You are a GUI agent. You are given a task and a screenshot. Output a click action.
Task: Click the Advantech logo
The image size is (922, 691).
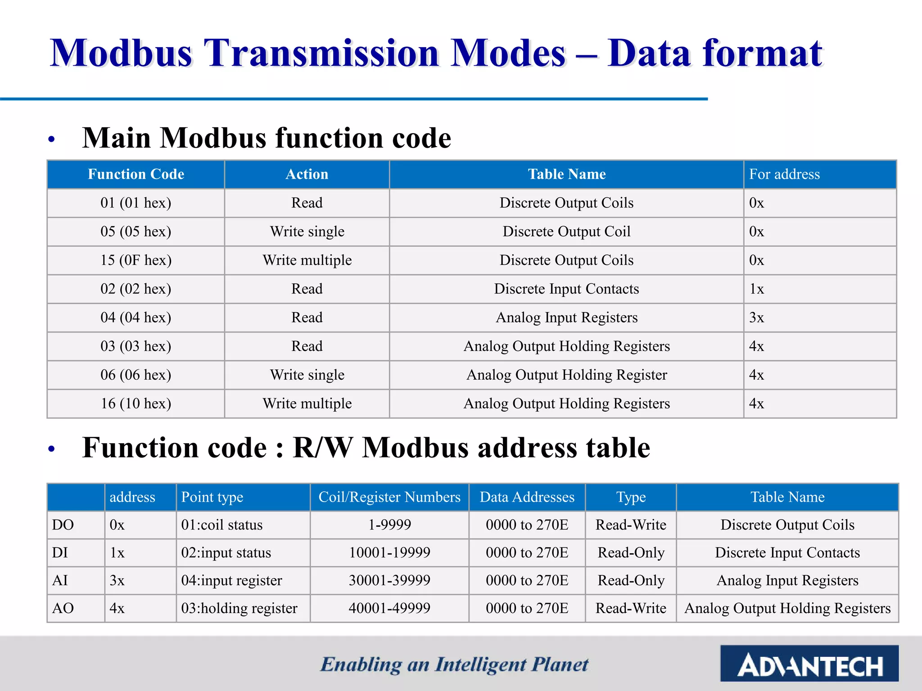pos(809,664)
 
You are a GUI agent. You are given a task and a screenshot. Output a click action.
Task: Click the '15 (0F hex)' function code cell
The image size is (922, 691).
pos(136,260)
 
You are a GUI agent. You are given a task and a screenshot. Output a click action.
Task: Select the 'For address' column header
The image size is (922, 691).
pos(784,174)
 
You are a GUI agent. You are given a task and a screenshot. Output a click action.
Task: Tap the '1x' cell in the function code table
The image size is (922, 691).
pos(756,289)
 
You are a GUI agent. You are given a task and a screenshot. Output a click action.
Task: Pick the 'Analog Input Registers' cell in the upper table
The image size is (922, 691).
pos(566,318)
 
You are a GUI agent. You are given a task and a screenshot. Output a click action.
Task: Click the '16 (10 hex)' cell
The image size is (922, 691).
pos(136,404)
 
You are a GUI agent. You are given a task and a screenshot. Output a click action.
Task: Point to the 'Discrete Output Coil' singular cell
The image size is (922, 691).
pos(566,231)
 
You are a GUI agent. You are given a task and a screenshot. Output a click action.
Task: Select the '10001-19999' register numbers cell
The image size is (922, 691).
pos(389,552)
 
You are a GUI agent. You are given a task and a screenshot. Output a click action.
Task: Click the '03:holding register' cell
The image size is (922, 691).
pos(239,608)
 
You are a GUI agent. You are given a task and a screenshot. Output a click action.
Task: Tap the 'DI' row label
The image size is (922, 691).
pos(60,552)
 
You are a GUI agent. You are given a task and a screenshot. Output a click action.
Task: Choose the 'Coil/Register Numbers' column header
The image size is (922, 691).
pos(389,497)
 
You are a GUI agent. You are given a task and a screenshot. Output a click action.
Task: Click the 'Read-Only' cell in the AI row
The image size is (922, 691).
pos(631,580)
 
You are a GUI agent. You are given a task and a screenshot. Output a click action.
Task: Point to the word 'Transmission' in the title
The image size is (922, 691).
pos(321,53)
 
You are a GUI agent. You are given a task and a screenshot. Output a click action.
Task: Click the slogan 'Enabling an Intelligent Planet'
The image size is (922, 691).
pos(454,664)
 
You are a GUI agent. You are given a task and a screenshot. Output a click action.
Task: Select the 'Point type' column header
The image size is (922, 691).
pos(212,497)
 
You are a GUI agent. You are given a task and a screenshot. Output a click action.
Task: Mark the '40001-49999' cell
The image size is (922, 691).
pos(389,608)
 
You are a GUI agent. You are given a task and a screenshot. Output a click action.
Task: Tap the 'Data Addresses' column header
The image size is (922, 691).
pos(527,497)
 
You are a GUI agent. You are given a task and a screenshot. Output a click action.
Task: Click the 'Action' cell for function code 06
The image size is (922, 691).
pos(307,375)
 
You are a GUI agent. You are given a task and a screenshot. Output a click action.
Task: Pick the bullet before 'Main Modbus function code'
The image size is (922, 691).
pos(51,139)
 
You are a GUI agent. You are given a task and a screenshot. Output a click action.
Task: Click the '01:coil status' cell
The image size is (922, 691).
pos(221,525)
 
